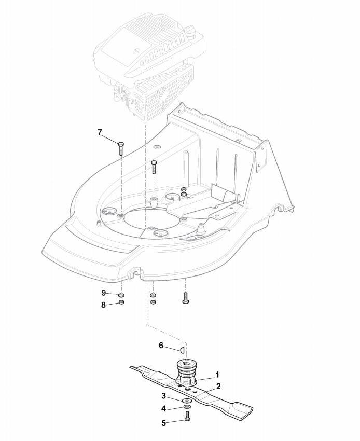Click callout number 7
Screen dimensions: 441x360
click(x=100, y=132)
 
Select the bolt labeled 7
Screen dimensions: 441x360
click(x=120, y=147)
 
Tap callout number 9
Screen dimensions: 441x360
click(x=103, y=293)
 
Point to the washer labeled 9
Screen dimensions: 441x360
click(x=121, y=295)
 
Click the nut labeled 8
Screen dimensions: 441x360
click(x=121, y=303)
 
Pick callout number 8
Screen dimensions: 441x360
click(x=103, y=305)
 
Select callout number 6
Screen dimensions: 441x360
click(x=161, y=345)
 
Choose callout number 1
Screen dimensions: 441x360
click(x=218, y=374)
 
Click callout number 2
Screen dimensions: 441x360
click(x=218, y=386)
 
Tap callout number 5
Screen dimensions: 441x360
click(x=163, y=423)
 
